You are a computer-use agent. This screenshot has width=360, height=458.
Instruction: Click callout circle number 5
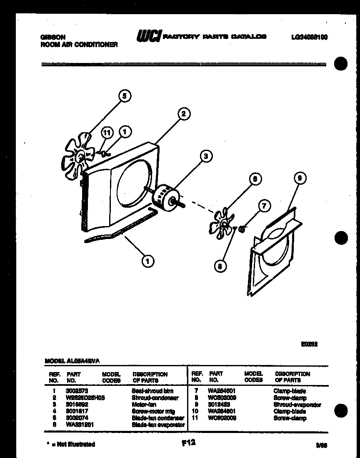tap(124, 96)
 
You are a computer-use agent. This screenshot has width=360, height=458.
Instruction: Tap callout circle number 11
tap(108, 132)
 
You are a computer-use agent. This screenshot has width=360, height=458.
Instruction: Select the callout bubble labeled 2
tap(184, 113)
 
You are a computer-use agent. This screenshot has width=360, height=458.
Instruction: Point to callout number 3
tap(205, 156)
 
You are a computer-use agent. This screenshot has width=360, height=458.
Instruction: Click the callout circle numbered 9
tap(300, 179)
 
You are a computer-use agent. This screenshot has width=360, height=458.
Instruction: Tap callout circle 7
tap(264, 206)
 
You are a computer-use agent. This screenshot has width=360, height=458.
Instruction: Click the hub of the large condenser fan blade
tap(80, 156)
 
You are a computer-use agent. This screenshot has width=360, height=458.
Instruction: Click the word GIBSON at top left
tap(52, 37)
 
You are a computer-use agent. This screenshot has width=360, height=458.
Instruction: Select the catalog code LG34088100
tap(309, 37)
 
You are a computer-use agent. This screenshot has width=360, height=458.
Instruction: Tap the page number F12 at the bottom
tap(188, 443)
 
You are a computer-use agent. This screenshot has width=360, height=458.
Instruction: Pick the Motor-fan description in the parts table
tap(144, 405)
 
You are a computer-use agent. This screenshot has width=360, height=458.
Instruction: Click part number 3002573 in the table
tap(77, 391)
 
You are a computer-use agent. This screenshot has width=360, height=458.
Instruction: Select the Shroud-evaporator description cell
tap(297, 405)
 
